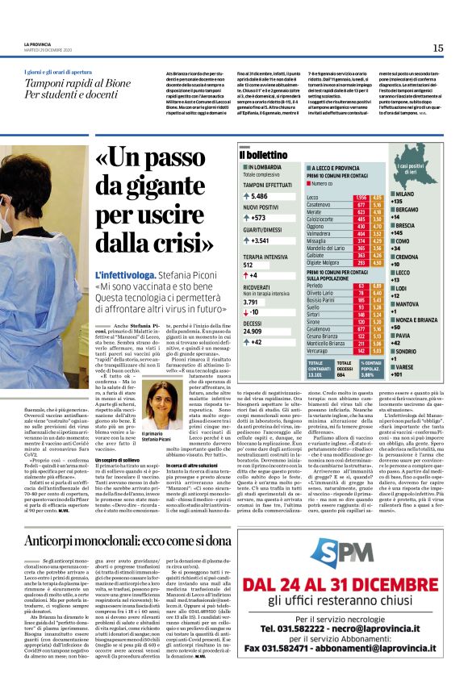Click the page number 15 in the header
pyautogui.click(x=438, y=48)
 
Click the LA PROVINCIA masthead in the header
pyautogui.click(x=38, y=44)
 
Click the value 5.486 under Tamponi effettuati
pyautogui.click(x=260, y=196)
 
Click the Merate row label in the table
pyautogui.click(x=316, y=211)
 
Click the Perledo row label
pyautogui.click(x=318, y=285)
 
